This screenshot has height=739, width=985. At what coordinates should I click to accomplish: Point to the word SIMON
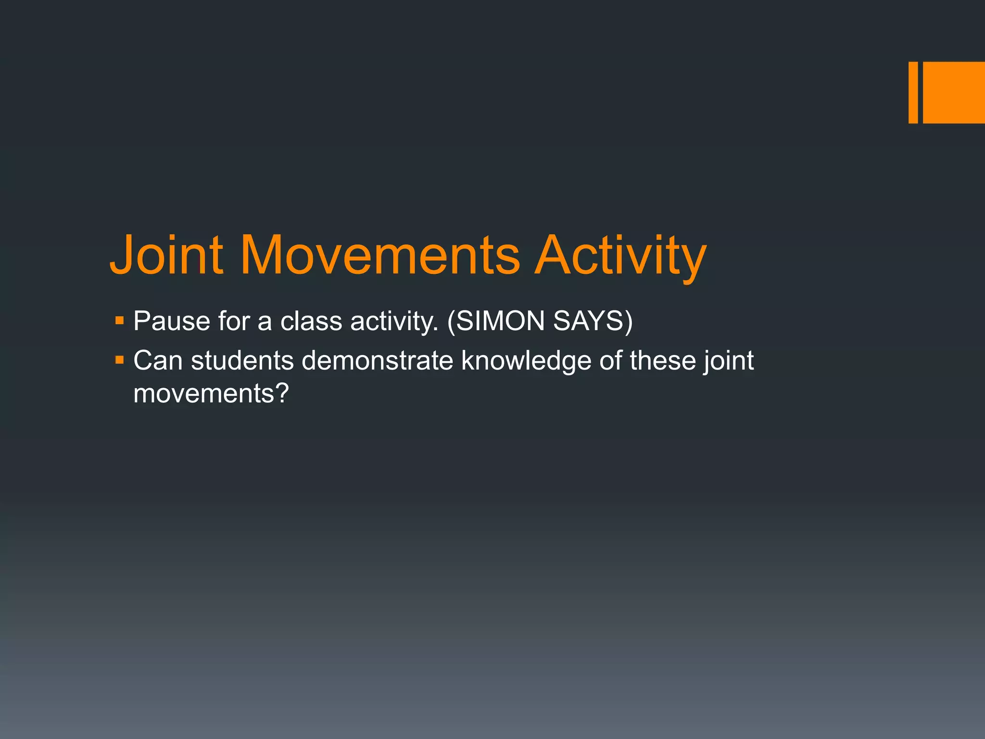(x=500, y=321)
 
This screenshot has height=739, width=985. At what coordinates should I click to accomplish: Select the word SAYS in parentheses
(x=589, y=321)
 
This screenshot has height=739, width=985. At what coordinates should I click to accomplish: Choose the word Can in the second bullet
(x=158, y=360)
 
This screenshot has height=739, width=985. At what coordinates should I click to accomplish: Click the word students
(x=242, y=360)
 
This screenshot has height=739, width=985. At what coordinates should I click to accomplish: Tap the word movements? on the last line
(x=211, y=394)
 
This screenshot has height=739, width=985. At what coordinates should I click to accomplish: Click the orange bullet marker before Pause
(x=120, y=319)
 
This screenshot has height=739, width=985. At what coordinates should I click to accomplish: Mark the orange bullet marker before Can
(x=120, y=359)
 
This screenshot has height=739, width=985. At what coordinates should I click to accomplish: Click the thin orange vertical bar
(x=913, y=92)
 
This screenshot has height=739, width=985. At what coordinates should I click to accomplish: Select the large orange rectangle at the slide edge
(x=954, y=92)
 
